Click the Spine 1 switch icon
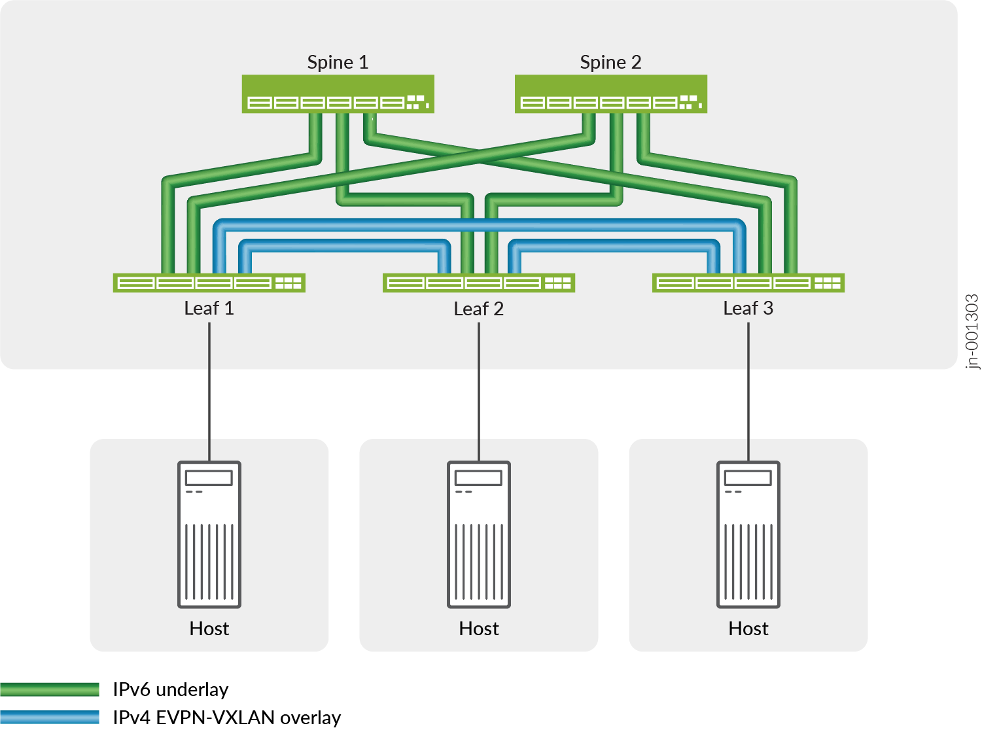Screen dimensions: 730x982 point(338,94)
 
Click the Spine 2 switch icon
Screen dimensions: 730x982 point(610,94)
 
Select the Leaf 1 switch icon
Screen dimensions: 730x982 point(209,283)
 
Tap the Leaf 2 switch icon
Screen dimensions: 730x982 point(478,283)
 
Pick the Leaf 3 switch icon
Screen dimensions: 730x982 point(748,283)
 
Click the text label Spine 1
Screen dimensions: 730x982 point(338,62)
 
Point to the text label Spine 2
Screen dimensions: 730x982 point(610,62)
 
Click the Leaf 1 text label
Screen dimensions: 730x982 point(209,308)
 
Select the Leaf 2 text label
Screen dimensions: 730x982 point(478,309)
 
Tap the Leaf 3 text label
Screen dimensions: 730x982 point(748,308)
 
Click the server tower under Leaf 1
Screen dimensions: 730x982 point(209,534)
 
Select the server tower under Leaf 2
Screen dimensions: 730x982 point(479,534)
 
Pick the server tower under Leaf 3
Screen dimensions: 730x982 point(748,534)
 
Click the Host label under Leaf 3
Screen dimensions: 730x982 point(748,629)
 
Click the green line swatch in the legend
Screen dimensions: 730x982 point(50,689)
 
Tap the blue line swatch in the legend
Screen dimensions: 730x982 point(50,717)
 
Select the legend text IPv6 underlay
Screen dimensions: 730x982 point(171,689)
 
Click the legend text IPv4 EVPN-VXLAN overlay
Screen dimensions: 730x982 point(226,718)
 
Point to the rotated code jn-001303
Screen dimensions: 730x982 point(972,332)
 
